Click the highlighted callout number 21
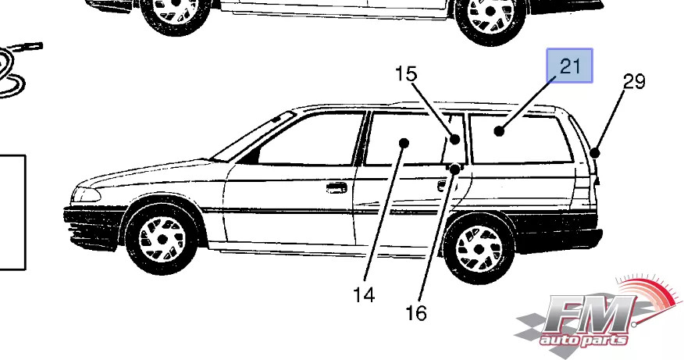click(x=570, y=66)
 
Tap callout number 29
click(x=634, y=80)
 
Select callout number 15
click(x=406, y=74)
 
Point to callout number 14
click(x=363, y=295)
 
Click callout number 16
click(x=416, y=313)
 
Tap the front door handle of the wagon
click(x=337, y=187)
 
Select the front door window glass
click(x=312, y=141)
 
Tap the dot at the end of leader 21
click(x=499, y=131)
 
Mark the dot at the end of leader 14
click(x=404, y=142)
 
